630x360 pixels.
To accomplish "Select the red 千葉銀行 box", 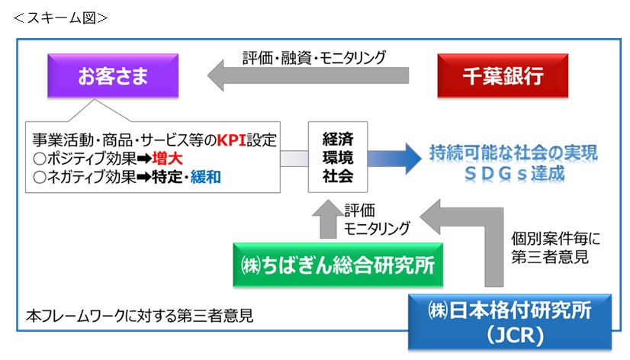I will (503, 76).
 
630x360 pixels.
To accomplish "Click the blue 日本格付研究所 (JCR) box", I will (509, 321).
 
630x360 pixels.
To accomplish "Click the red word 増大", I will (172, 159).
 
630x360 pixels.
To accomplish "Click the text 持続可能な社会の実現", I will (503, 151).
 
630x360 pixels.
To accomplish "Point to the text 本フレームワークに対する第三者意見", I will (139, 314).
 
